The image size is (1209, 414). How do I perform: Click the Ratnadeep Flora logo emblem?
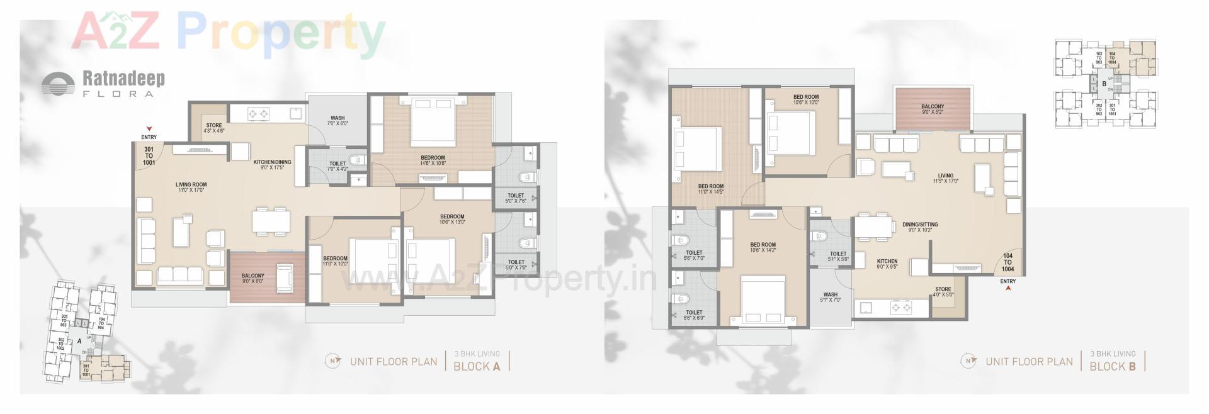click(59, 84)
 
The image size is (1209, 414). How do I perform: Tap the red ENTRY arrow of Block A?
click(149, 128)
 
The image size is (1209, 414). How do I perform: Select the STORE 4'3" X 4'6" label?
click(214, 128)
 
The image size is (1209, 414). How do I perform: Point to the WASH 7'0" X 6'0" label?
click(338, 121)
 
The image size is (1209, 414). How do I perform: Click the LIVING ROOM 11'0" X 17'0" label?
click(191, 187)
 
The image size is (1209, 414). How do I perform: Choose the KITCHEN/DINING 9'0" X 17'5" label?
click(272, 165)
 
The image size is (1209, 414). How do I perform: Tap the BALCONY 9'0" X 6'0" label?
click(253, 278)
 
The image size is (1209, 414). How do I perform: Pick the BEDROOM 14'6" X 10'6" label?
click(433, 160)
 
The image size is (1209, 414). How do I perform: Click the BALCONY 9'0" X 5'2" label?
click(933, 109)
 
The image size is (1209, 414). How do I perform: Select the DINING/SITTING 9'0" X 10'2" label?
click(920, 227)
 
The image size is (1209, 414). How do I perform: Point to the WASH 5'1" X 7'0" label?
click(831, 297)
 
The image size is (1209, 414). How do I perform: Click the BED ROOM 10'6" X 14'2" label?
click(763, 247)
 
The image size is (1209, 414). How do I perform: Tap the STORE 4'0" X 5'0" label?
click(943, 292)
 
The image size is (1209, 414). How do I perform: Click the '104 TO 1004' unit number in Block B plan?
click(1007, 262)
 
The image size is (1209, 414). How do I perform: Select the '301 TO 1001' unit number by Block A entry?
click(149, 155)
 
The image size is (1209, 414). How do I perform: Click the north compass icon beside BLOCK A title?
click(332, 361)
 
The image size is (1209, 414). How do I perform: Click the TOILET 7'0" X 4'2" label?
click(338, 166)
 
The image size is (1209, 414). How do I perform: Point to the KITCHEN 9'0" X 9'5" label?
click(887, 264)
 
